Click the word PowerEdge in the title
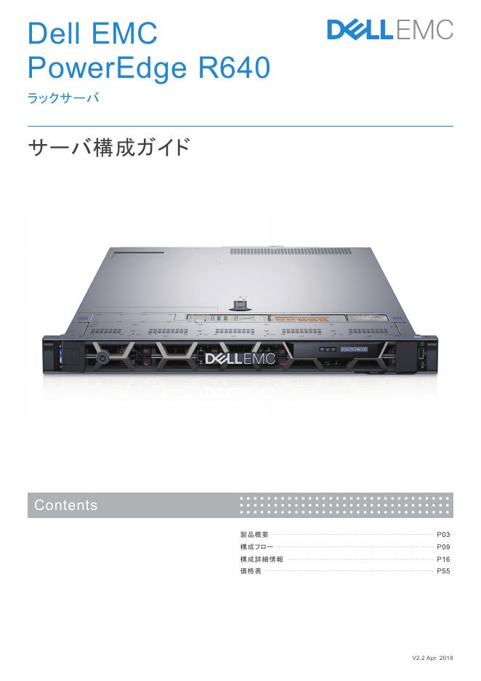coord(106,69)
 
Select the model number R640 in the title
coord(234,69)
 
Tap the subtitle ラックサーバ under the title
coord(62,98)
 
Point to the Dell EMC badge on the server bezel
coord(240,359)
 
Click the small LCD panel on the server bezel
coord(354,350)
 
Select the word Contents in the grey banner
coord(65,506)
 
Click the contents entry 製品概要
coord(254,535)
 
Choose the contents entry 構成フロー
coord(256,547)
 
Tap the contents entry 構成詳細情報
coord(261,559)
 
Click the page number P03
coord(443,535)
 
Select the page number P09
coord(443,547)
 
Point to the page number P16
coord(443,559)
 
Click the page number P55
coord(443,572)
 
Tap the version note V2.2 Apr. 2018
coord(432,658)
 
